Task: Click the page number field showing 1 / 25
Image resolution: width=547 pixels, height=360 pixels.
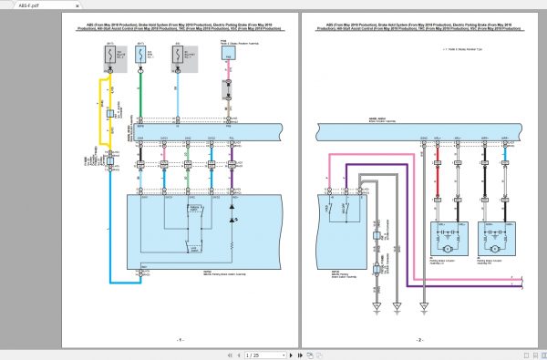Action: [x=258, y=354]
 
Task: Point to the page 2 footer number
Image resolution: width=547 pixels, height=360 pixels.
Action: [x=420, y=339]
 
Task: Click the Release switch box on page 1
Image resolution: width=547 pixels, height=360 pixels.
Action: [x=192, y=214]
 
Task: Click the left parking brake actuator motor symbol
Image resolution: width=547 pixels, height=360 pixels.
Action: [x=448, y=247]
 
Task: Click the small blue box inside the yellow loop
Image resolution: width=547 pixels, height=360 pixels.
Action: [x=110, y=114]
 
